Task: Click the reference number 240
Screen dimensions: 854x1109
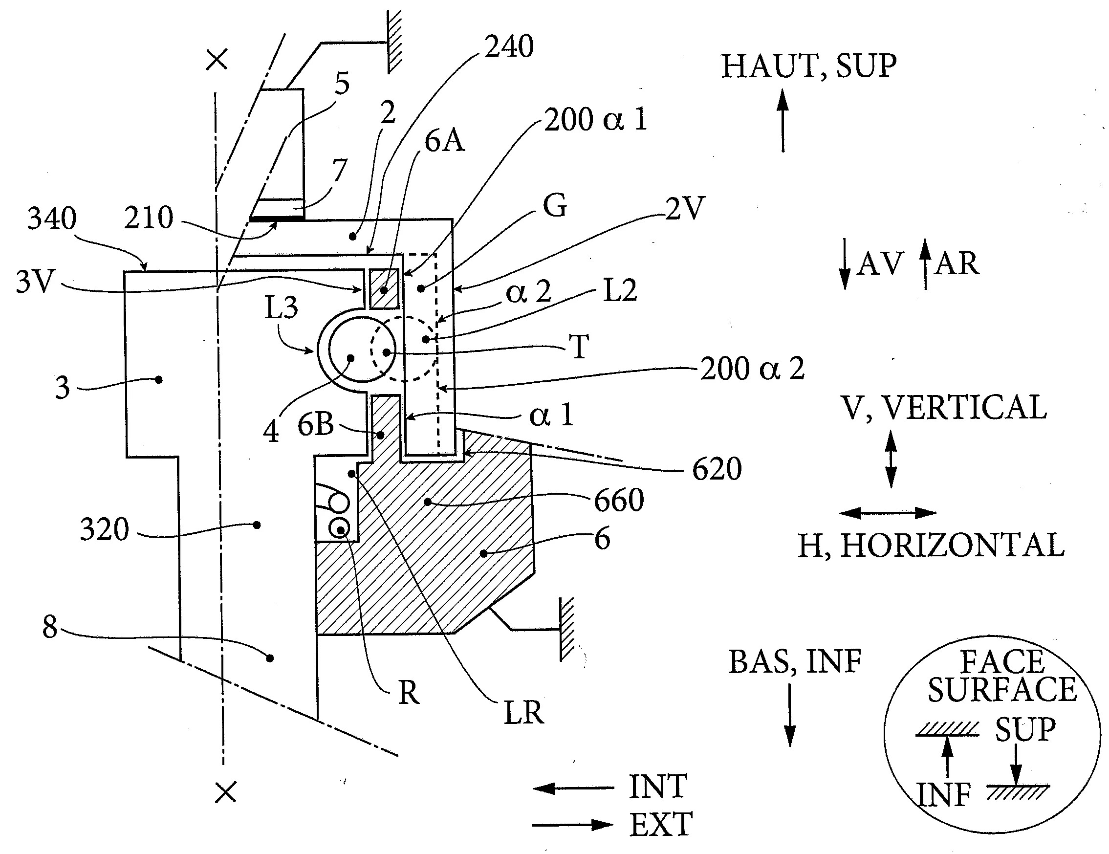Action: (x=509, y=47)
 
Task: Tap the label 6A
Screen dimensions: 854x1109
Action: (x=444, y=141)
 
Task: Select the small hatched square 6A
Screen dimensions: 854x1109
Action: (x=384, y=288)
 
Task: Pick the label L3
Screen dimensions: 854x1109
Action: (x=282, y=307)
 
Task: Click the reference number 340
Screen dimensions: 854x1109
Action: (x=52, y=219)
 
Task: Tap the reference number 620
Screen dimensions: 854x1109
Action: (x=717, y=469)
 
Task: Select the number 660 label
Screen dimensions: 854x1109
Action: (x=619, y=500)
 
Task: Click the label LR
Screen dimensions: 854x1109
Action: (x=523, y=712)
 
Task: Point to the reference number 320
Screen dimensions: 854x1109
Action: (x=105, y=529)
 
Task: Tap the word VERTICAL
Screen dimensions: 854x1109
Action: (x=964, y=407)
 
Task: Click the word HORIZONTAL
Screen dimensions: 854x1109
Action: (x=953, y=546)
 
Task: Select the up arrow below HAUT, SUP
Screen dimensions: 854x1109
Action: (x=783, y=120)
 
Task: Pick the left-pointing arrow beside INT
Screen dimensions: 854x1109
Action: (x=573, y=788)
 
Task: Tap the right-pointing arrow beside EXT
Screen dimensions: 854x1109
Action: (x=573, y=825)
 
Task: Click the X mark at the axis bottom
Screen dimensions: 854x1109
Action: (x=226, y=792)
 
